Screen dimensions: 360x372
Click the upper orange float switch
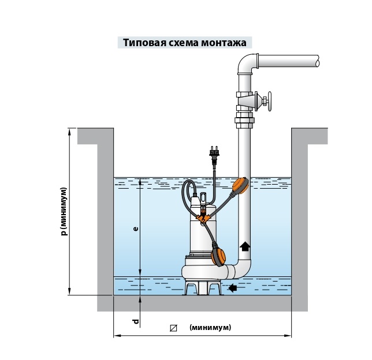point(240,186)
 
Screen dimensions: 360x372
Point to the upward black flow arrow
point(245,247)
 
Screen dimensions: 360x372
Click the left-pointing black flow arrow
point(233,287)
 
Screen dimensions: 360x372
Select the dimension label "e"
point(135,229)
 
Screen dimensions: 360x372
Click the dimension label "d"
point(136,321)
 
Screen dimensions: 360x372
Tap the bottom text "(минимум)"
point(210,328)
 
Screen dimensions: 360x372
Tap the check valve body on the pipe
point(247,102)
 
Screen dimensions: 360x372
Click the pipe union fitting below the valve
point(244,123)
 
